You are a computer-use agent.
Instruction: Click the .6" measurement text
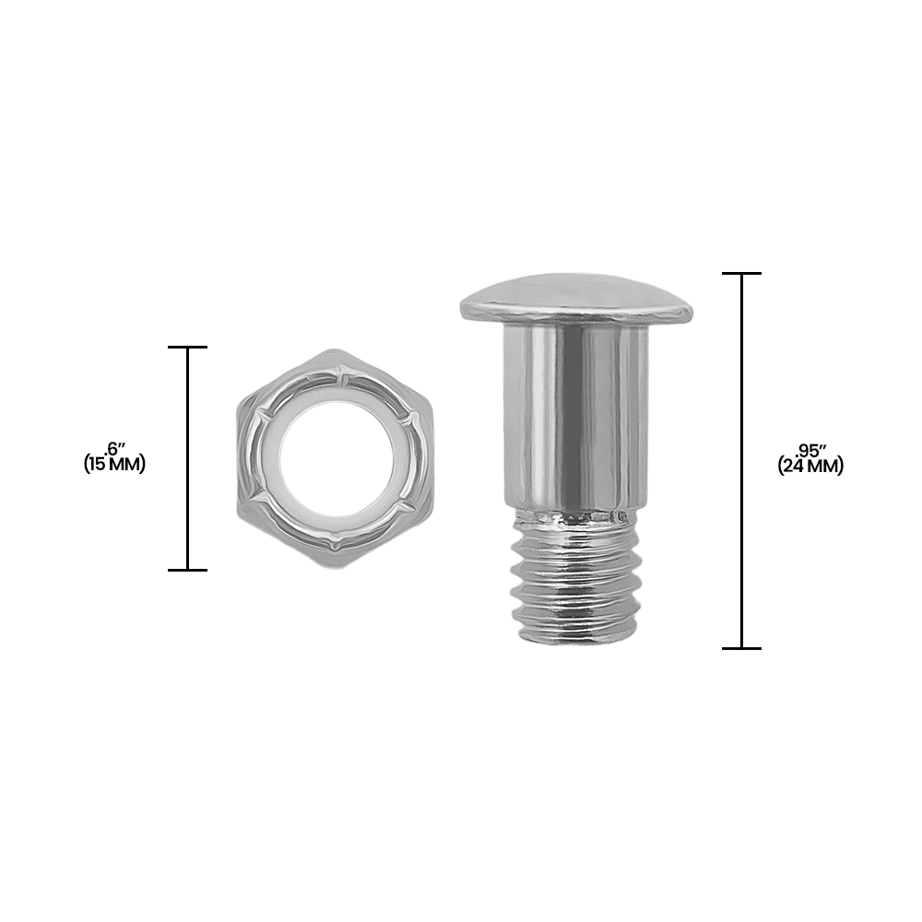(115, 449)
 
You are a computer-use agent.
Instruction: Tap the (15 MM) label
(115, 465)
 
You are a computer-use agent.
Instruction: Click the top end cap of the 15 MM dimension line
(188, 347)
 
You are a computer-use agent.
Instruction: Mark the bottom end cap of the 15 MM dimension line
(188, 570)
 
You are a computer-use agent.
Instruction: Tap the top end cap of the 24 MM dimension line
(742, 274)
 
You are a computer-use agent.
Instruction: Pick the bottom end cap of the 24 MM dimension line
(742, 648)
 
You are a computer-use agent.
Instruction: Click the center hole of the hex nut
(336, 458)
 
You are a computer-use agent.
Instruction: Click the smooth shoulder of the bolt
(576, 415)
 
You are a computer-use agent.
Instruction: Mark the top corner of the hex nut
(336, 351)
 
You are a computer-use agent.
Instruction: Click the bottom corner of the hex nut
(336, 566)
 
